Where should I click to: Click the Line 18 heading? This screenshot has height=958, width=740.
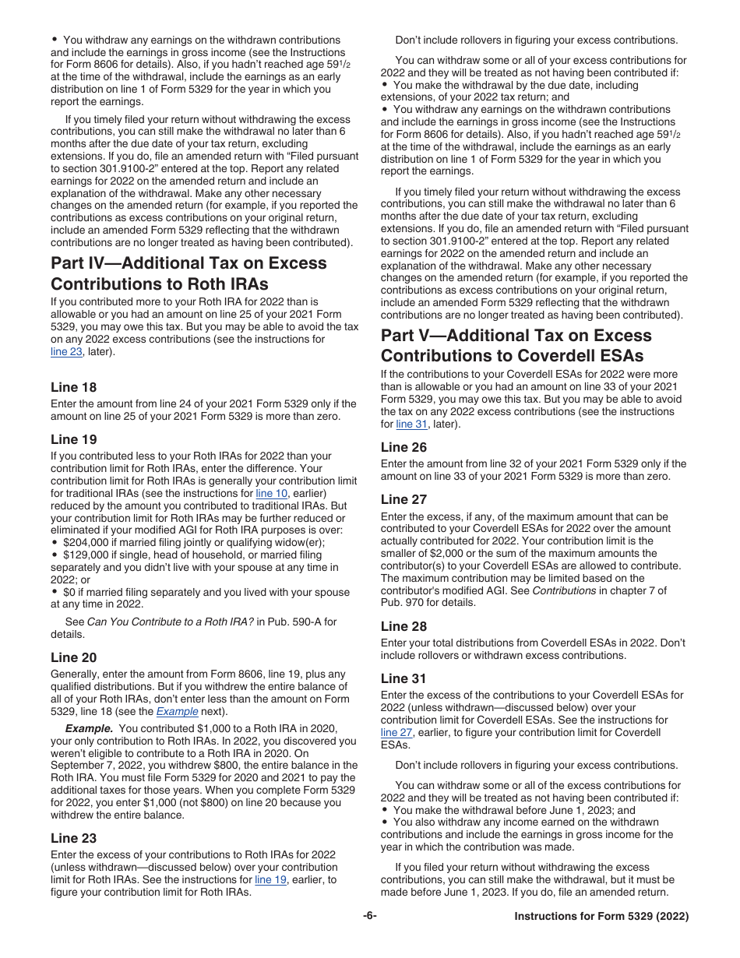click(x=74, y=387)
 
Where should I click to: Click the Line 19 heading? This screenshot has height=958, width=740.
click(x=74, y=439)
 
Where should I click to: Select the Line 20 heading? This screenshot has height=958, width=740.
click(x=74, y=657)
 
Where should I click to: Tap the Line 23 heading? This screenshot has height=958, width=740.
click(x=74, y=838)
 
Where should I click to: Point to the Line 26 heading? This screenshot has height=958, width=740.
click(x=403, y=447)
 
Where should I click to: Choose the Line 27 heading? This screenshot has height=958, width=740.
click(x=403, y=499)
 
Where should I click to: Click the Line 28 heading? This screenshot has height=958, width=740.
click(x=403, y=626)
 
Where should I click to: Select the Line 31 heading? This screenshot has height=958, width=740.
click(x=403, y=678)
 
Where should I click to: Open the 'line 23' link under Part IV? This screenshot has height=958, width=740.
click(x=65, y=352)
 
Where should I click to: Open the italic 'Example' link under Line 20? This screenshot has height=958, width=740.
click(x=177, y=712)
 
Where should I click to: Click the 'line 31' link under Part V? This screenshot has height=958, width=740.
click(x=411, y=424)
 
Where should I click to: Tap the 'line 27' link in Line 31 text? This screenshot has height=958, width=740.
click(x=395, y=733)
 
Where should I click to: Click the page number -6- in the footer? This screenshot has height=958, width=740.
click(x=370, y=916)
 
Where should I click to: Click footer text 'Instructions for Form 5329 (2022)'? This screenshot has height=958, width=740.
click(x=601, y=917)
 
